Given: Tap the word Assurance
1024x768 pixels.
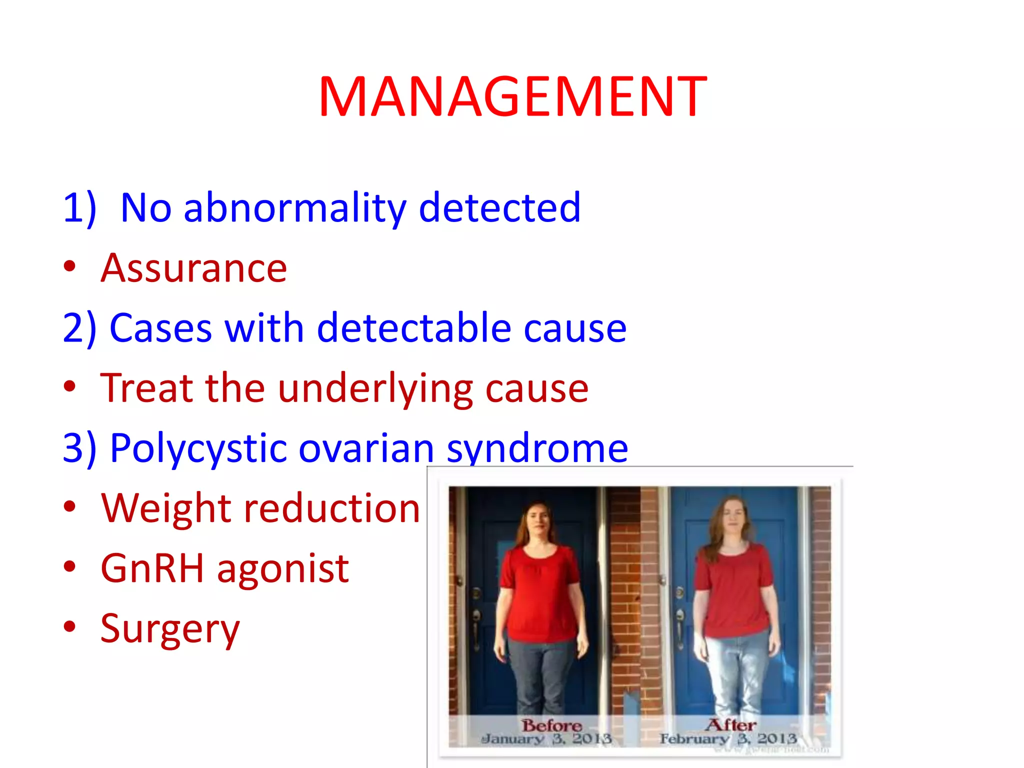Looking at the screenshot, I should click(194, 268).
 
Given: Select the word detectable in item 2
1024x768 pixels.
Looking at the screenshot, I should click(413, 328).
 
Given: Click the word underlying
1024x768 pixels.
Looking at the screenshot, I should click(375, 389).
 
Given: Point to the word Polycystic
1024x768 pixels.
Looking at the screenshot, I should click(198, 448).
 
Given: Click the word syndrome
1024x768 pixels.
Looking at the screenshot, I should click(537, 448).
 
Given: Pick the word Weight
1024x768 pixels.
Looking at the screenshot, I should click(165, 508).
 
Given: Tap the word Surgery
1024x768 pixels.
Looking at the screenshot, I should click(170, 629).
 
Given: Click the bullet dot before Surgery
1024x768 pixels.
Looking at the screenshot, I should click(69, 626).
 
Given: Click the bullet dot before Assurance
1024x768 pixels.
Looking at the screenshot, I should click(69, 266).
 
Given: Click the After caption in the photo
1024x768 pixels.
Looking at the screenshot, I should click(730, 725).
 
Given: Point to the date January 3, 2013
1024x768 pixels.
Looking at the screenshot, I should click(546, 739).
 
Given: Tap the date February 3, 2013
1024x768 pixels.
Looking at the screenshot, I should click(728, 739).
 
